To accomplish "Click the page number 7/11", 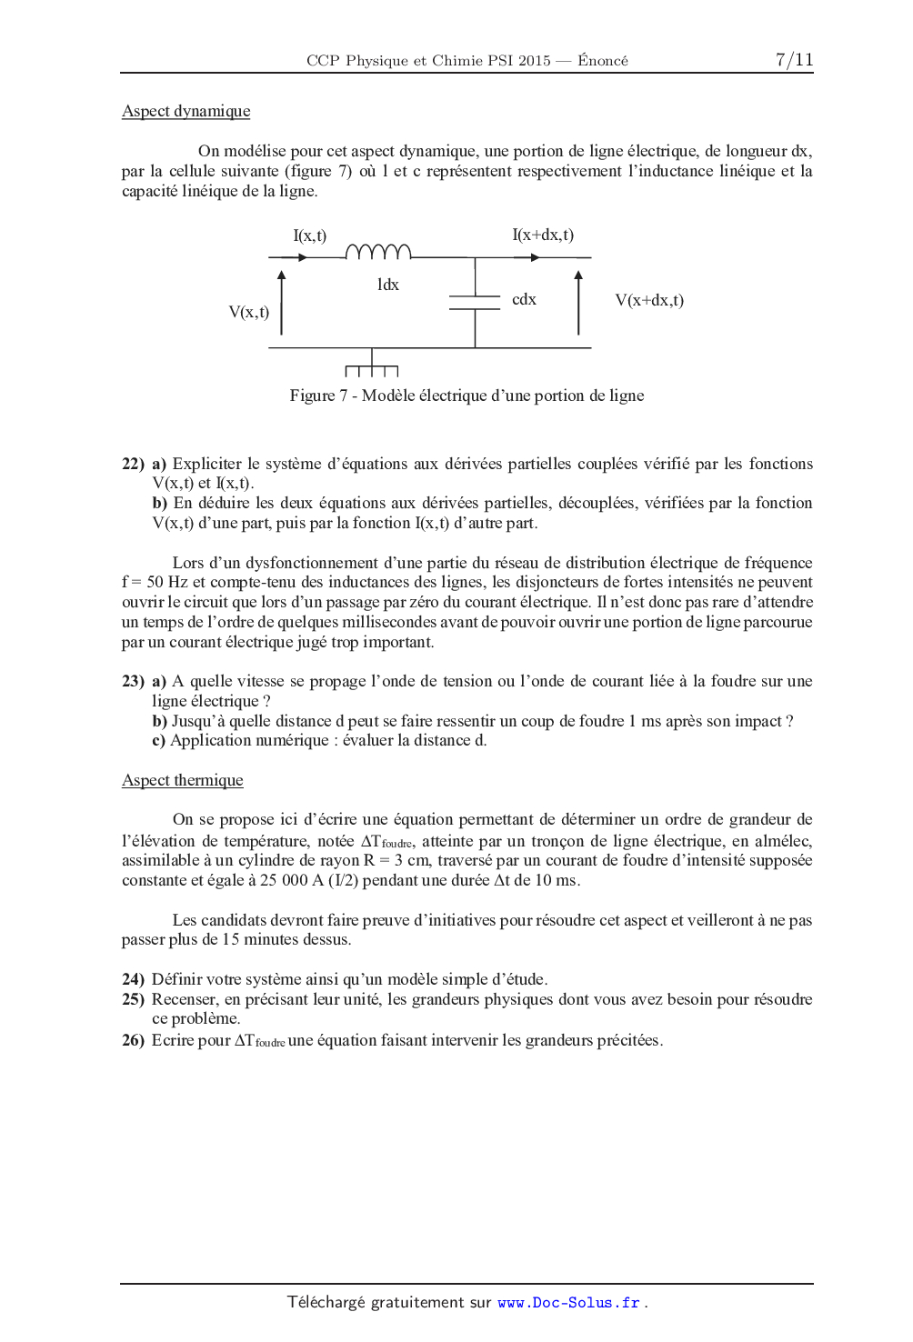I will [794, 60].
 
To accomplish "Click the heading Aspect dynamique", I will [186, 111].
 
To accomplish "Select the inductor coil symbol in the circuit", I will [378, 252].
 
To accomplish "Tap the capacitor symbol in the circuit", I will [475, 303].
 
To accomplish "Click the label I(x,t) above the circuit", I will [309, 235].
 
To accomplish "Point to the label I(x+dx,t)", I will [543, 235].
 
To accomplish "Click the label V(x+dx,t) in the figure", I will [649, 300].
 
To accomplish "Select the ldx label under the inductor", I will [388, 285].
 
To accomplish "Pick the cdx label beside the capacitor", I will [524, 299].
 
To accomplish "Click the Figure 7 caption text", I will [467, 396].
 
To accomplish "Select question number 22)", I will [133, 464].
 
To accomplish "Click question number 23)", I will [133, 681].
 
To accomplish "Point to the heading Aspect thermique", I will [182, 780].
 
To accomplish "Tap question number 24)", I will [133, 979].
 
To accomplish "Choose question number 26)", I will [133, 1040].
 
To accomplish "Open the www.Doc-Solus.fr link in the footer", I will [568, 1302].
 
